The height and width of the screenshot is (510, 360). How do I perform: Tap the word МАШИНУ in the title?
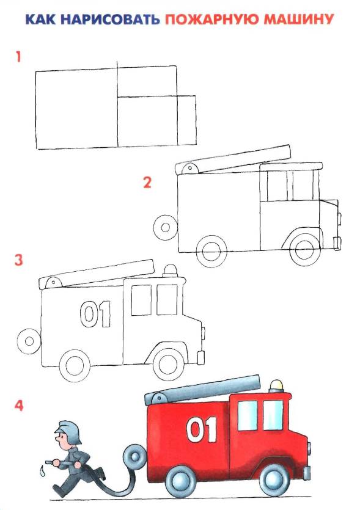(x=299, y=20)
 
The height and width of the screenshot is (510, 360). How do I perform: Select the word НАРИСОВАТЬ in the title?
(x=110, y=20)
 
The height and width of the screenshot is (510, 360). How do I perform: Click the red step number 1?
(x=18, y=57)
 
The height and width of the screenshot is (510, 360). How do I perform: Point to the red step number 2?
(x=147, y=183)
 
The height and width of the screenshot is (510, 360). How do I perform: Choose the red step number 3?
(x=18, y=260)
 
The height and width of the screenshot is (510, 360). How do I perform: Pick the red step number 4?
(x=19, y=406)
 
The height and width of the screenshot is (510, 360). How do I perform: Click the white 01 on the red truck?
(x=202, y=429)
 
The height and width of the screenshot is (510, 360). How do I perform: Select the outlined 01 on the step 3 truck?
(x=95, y=314)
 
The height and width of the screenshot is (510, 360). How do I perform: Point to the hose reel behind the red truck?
(x=134, y=455)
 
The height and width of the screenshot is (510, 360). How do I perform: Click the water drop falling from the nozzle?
(x=42, y=470)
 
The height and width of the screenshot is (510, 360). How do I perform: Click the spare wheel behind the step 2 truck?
(x=166, y=227)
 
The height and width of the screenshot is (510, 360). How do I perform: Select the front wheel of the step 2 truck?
(x=305, y=250)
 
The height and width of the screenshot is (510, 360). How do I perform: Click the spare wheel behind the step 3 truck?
(x=29, y=341)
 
